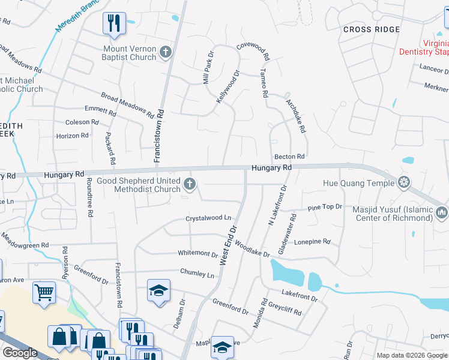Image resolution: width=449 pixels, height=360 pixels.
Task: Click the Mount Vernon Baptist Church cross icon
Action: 166,53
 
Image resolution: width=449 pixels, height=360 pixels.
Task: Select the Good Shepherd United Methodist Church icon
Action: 190,184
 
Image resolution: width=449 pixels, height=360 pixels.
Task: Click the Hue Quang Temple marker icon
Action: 405,182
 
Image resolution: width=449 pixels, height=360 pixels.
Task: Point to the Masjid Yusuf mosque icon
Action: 442,212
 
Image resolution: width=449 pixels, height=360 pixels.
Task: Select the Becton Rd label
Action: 289,157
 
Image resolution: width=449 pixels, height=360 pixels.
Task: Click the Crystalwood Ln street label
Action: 208,218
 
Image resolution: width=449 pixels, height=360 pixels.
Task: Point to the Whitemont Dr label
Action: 197,254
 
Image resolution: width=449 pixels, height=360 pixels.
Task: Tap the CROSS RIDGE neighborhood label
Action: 372,29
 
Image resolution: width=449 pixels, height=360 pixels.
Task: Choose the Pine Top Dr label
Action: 324,207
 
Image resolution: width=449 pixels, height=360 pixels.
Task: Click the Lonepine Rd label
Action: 312,242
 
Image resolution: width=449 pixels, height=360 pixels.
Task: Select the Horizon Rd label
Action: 72,136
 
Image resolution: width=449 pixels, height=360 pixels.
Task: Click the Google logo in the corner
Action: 20,353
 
